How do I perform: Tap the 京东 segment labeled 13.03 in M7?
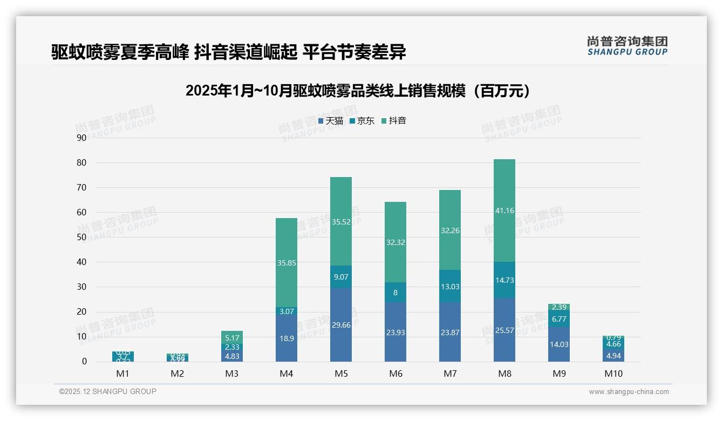coord(450,287)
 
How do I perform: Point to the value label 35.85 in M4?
coord(287,263)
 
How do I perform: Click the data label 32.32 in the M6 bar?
coord(395,242)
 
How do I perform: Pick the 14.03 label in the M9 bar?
coord(559,344)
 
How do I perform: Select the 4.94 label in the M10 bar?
coord(613,355)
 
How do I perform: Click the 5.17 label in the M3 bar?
coord(232,338)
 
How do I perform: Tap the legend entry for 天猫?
coord(331,121)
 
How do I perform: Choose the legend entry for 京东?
coord(362,121)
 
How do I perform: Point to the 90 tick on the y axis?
coord(81,138)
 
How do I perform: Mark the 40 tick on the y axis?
coord(81,262)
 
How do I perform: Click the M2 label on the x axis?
coord(178,374)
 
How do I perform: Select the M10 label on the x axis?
coord(613,374)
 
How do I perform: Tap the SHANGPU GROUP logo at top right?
coord(627,46)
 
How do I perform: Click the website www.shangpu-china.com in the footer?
coord(629,392)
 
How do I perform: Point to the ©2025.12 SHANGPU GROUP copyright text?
coord(108,392)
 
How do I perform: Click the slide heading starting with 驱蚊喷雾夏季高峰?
coord(229,52)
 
